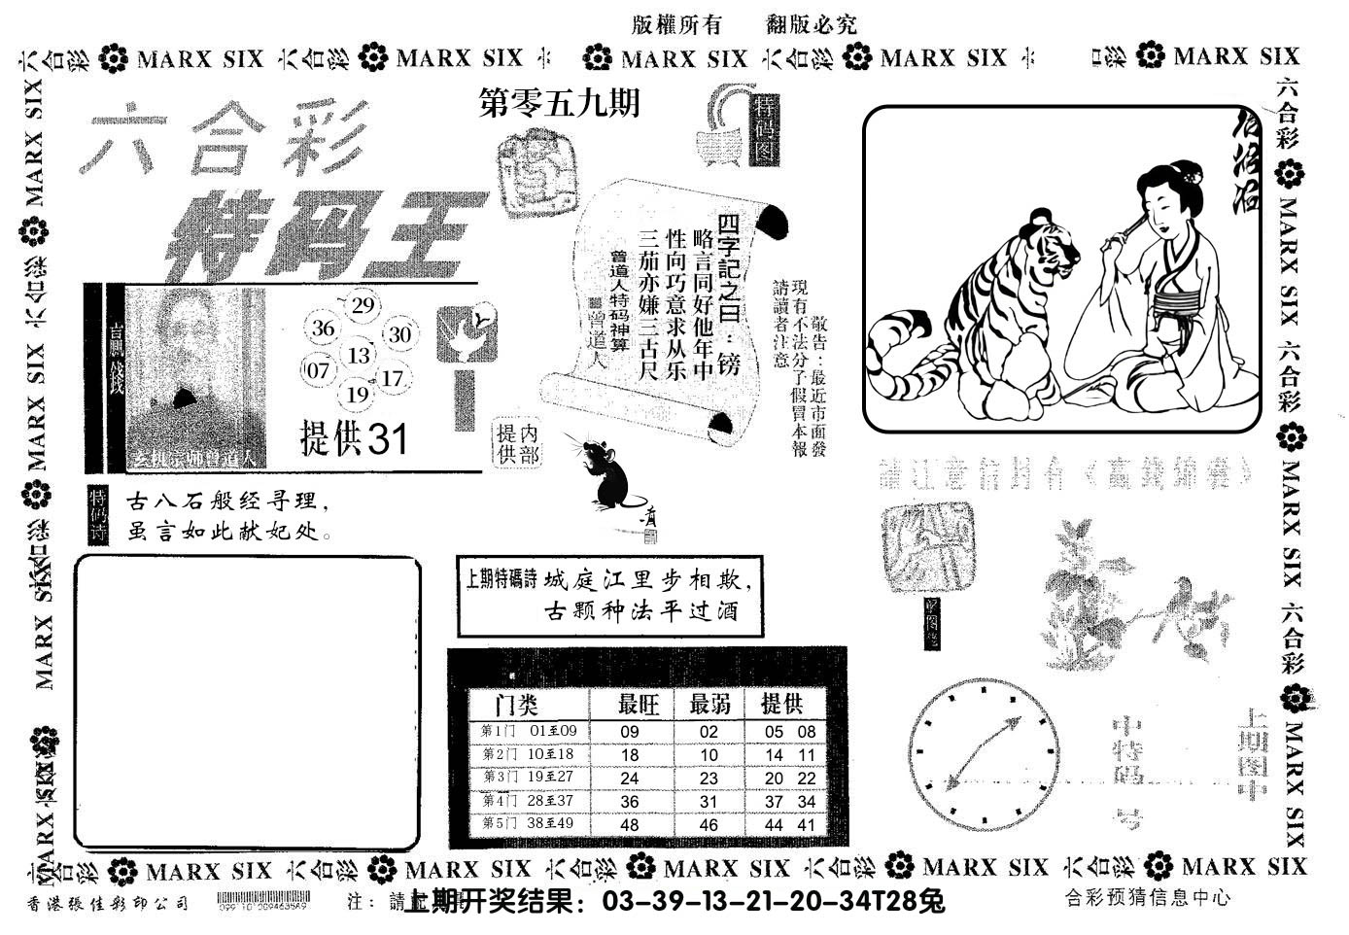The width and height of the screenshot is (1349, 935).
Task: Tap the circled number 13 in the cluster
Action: [358, 355]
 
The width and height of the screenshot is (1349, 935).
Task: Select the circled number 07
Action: [318, 370]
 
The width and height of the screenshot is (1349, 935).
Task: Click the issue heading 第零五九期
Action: [561, 102]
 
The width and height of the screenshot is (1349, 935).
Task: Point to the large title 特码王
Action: [316, 236]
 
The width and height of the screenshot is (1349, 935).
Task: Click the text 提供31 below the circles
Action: [354, 439]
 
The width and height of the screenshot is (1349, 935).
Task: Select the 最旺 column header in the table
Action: [639, 704]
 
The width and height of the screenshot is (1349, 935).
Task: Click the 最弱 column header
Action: [710, 704]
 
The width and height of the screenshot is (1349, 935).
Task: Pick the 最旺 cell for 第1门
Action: [629, 733]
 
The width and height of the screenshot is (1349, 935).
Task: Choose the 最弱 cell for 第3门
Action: [709, 779]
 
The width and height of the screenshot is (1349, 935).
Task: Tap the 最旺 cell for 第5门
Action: [629, 824]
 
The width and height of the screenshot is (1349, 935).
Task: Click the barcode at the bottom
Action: [262, 901]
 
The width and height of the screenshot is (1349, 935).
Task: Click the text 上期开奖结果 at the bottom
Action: [496, 902]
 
